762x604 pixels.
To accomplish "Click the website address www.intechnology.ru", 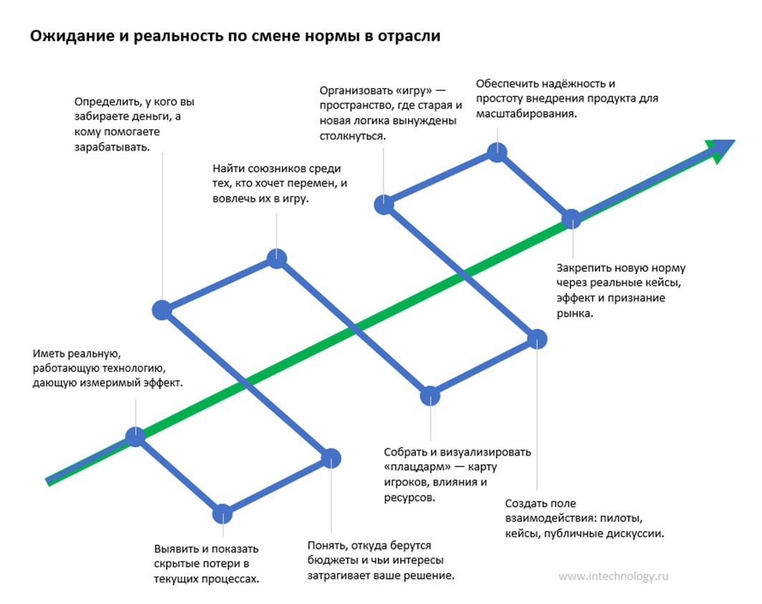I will [613, 575].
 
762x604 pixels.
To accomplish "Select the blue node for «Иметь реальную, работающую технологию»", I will [135, 436].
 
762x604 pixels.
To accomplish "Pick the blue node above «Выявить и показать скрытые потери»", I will [223, 514].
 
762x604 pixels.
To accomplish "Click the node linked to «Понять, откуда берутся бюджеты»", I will [330, 458].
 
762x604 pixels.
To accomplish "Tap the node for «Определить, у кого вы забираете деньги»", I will [163, 310].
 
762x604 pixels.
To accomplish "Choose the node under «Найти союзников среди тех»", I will [277, 258].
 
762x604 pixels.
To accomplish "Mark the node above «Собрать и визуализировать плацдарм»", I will [429, 396].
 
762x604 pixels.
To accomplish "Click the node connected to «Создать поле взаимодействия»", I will [538, 339].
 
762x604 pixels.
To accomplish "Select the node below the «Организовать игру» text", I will [384, 204].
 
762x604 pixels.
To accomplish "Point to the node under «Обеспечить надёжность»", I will [497, 152].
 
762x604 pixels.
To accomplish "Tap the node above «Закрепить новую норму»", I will [571, 219].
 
